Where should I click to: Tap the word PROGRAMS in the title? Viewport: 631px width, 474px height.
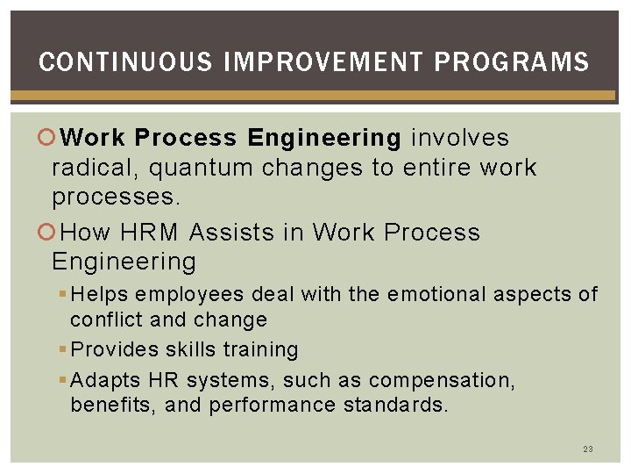[512, 62]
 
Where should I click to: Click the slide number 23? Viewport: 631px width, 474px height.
[588, 449]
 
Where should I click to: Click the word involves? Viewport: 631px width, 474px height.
[460, 138]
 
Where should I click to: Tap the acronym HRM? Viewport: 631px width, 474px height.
[150, 233]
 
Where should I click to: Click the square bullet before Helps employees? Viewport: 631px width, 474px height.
[63, 294]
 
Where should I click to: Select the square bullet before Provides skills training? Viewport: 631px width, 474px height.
[63, 350]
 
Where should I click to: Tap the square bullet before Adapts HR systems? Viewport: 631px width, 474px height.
[63, 381]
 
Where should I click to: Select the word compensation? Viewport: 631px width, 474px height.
[442, 381]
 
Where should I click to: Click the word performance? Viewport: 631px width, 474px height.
[272, 406]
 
